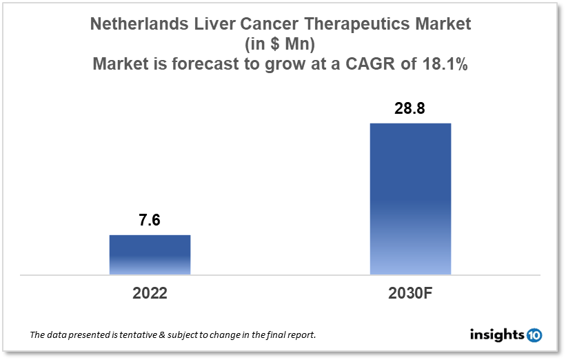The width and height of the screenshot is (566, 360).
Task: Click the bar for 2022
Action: pyautogui.click(x=150, y=254)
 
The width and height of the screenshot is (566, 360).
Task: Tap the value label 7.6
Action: pyautogui.click(x=150, y=221)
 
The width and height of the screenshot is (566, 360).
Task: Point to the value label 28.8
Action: pyautogui.click(x=410, y=110)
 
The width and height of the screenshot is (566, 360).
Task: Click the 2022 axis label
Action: pyautogui.click(x=150, y=292)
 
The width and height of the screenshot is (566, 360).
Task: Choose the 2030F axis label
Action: pyautogui.click(x=410, y=292)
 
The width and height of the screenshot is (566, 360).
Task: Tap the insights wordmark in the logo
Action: pyautogui.click(x=496, y=334)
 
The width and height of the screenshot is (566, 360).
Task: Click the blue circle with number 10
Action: pyautogui.click(x=534, y=335)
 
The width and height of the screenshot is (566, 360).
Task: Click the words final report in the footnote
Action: pyautogui.click(x=290, y=335)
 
